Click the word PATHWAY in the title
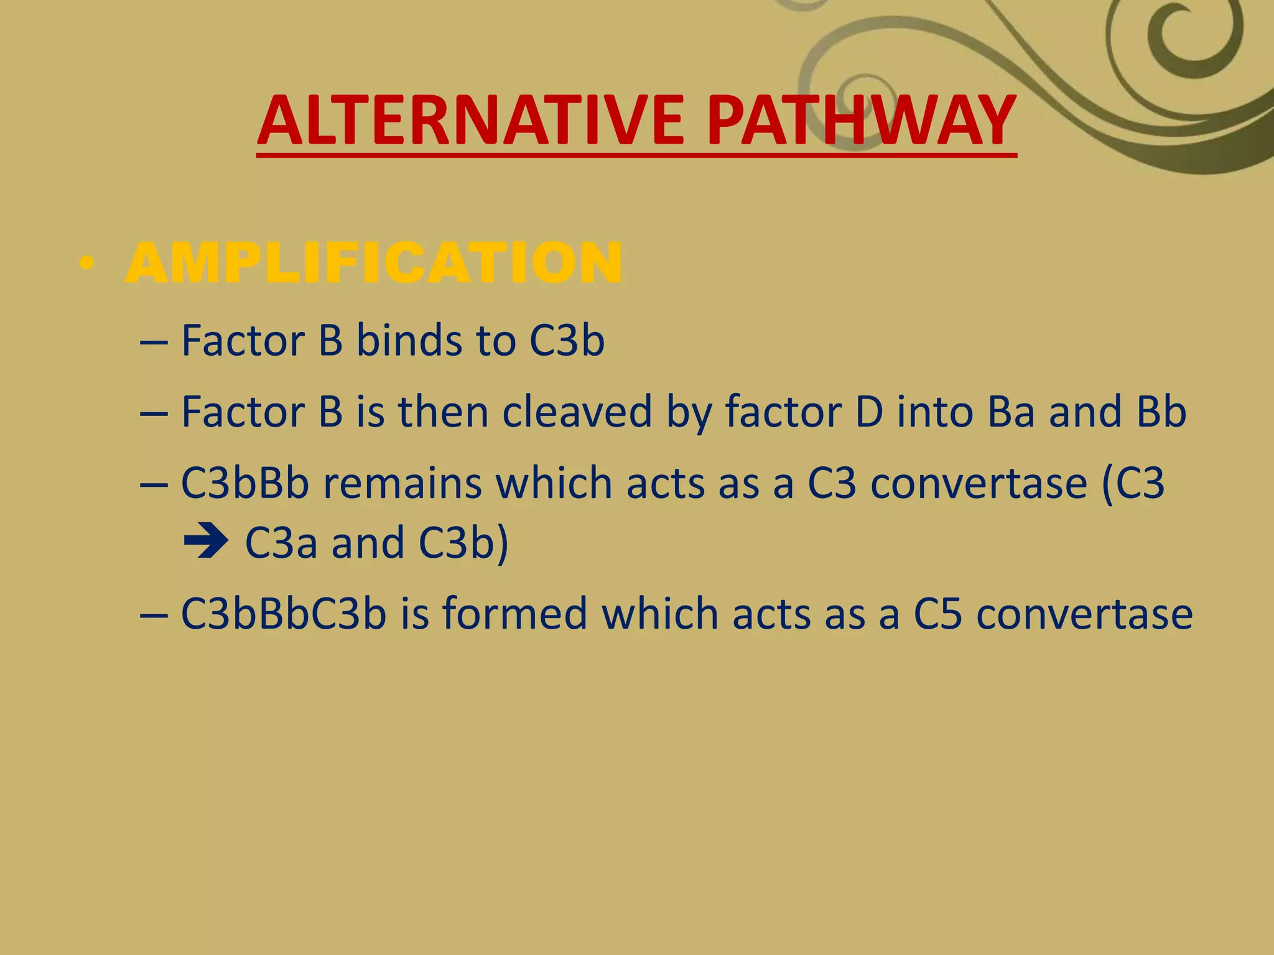(861, 121)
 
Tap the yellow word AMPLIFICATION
(373, 264)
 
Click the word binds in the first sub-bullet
(409, 341)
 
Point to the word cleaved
(577, 412)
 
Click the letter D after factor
(869, 412)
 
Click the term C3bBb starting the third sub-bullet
(244, 483)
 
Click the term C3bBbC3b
(284, 614)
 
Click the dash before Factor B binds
(154, 343)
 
